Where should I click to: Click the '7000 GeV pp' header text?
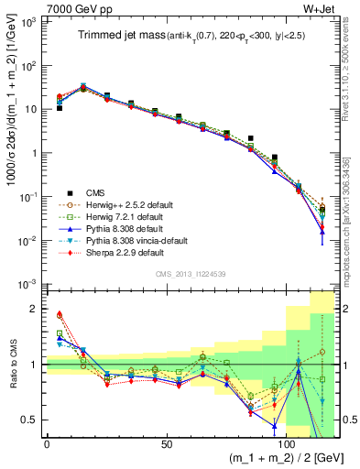76,8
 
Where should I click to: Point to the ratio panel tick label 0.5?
30,420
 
